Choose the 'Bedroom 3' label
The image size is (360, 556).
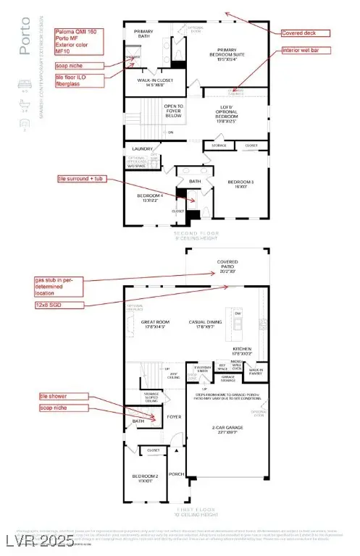[240, 184]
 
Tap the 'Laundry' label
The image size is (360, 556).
[141, 149]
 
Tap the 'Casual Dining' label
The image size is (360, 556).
[206, 324]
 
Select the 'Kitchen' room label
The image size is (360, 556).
[241, 351]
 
